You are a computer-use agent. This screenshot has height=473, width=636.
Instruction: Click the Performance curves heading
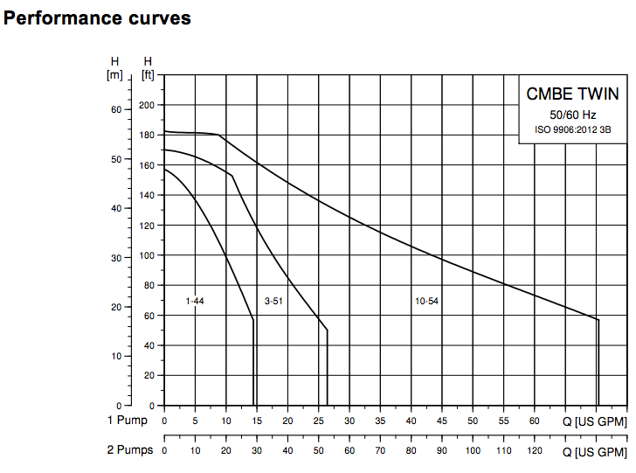[x=97, y=17]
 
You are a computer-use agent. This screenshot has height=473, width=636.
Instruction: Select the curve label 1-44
[x=195, y=301]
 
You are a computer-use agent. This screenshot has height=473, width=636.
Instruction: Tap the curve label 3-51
[x=273, y=301]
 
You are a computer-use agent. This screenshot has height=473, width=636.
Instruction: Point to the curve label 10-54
[x=426, y=301]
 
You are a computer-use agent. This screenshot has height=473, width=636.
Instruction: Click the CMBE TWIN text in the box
[x=572, y=94]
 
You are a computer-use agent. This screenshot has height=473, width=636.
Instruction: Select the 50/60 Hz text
[x=572, y=115]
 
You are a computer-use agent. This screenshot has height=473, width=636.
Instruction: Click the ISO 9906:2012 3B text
[x=572, y=130]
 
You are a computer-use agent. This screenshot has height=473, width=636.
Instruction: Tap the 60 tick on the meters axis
[x=115, y=109]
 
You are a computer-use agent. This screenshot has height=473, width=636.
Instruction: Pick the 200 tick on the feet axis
[x=147, y=105]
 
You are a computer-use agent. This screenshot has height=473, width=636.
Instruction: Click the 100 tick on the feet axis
[x=147, y=255]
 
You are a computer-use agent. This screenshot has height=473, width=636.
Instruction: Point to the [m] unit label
[x=114, y=74]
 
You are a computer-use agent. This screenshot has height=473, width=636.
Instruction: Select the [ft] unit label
[x=148, y=74]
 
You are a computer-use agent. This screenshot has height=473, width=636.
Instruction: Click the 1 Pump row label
[x=127, y=421]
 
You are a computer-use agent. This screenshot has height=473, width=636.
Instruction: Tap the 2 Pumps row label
[x=129, y=450]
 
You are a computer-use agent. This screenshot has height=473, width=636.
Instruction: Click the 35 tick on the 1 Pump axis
[x=380, y=421]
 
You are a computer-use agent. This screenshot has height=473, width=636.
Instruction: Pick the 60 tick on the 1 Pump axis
[x=535, y=421]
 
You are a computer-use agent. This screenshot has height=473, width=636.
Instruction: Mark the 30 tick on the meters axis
[x=115, y=258]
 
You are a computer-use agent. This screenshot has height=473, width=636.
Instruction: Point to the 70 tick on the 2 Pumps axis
[x=380, y=451]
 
